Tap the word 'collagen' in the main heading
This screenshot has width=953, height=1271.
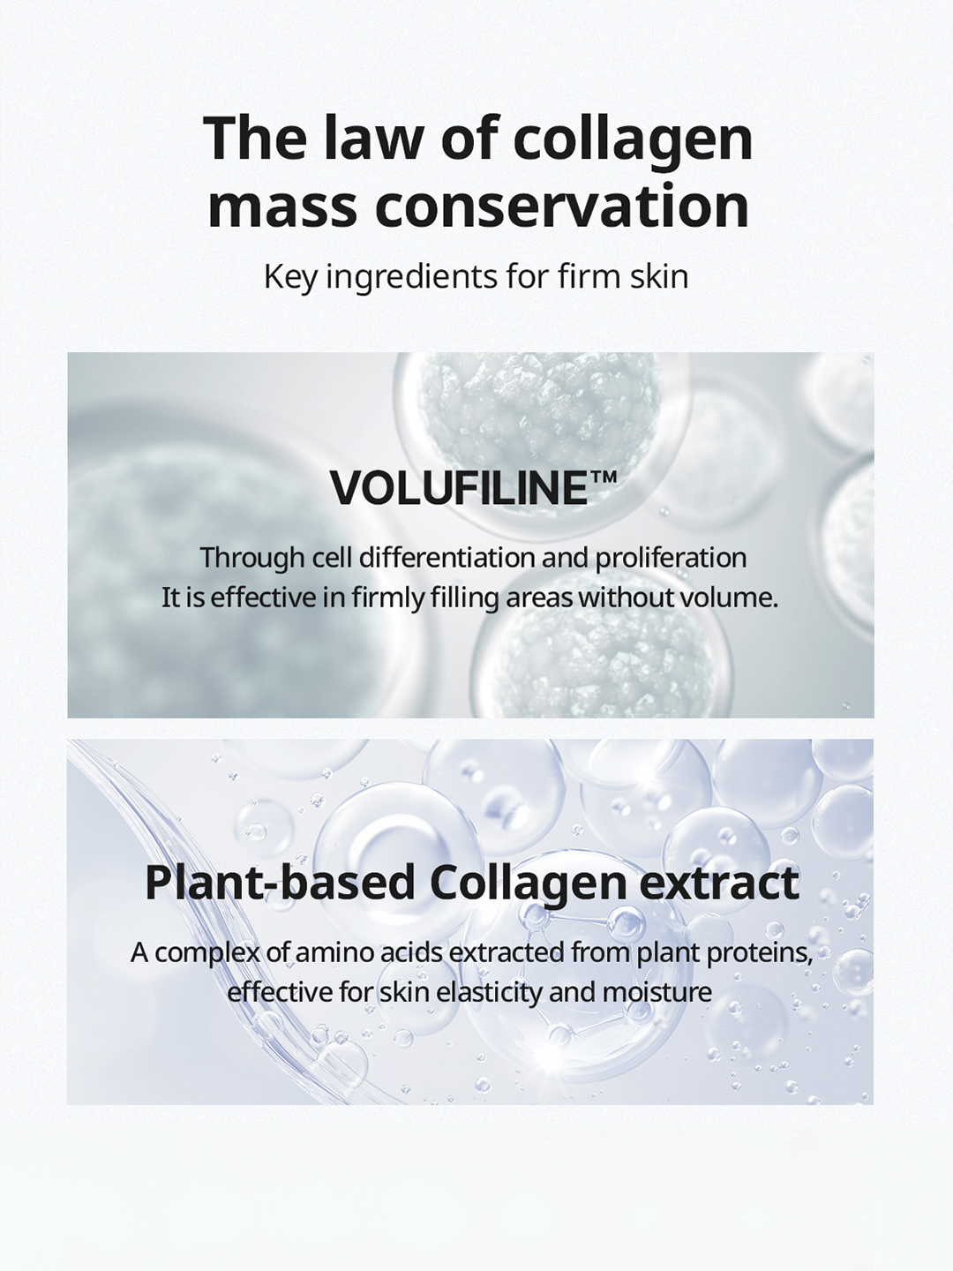pyautogui.click(x=633, y=143)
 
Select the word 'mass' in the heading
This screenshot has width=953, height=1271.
pyautogui.click(x=282, y=207)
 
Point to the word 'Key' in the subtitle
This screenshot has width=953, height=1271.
pyautogui.click(x=290, y=277)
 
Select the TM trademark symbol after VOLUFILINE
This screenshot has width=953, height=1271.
pyautogui.click(x=603, y=478)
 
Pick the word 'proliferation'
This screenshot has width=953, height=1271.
pyautogui.click(x=671, y=559)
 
